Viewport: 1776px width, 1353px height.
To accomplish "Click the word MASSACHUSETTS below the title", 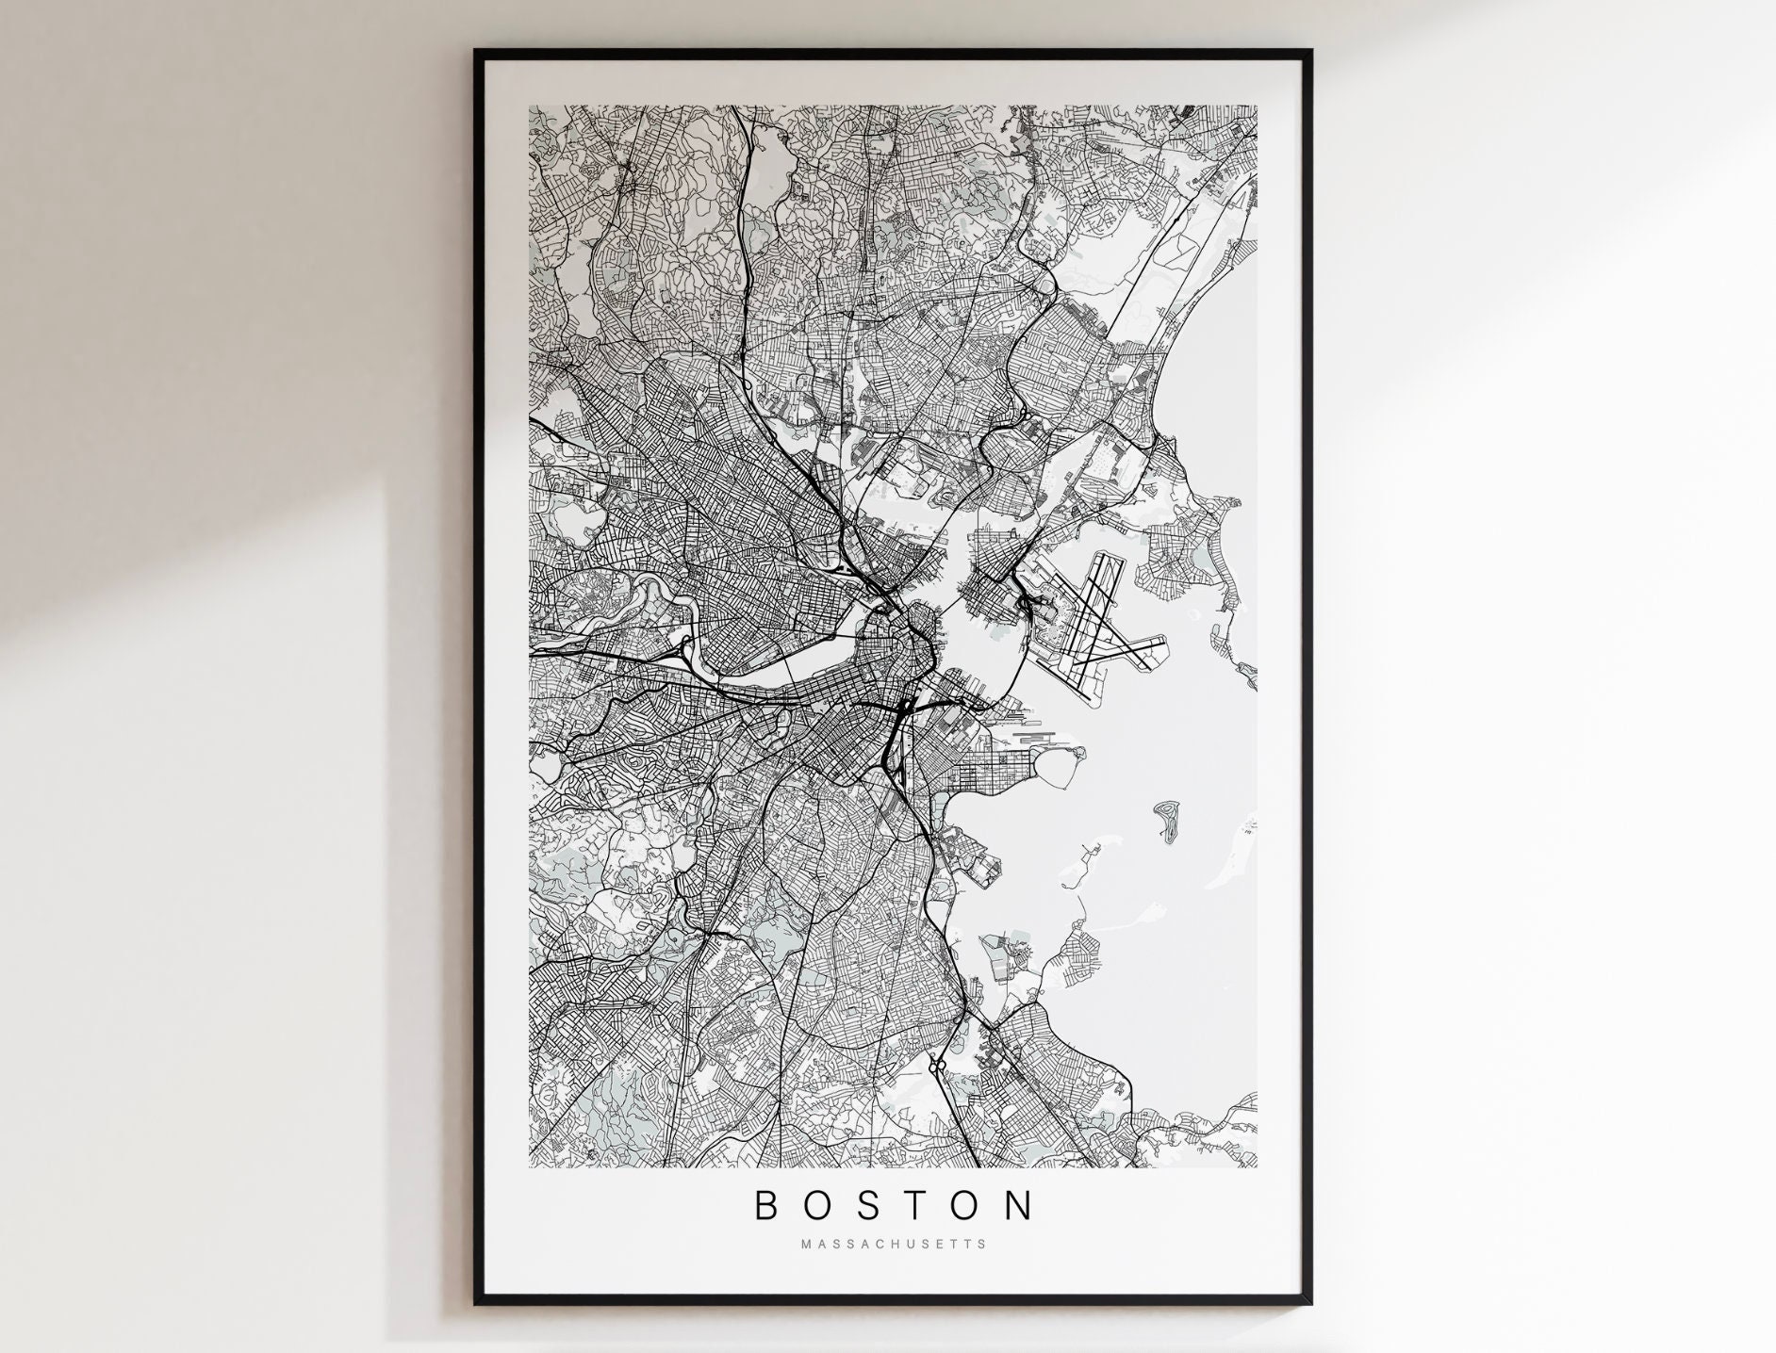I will [894, 1244].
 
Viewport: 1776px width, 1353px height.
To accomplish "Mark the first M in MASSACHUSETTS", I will [805, 1244].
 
